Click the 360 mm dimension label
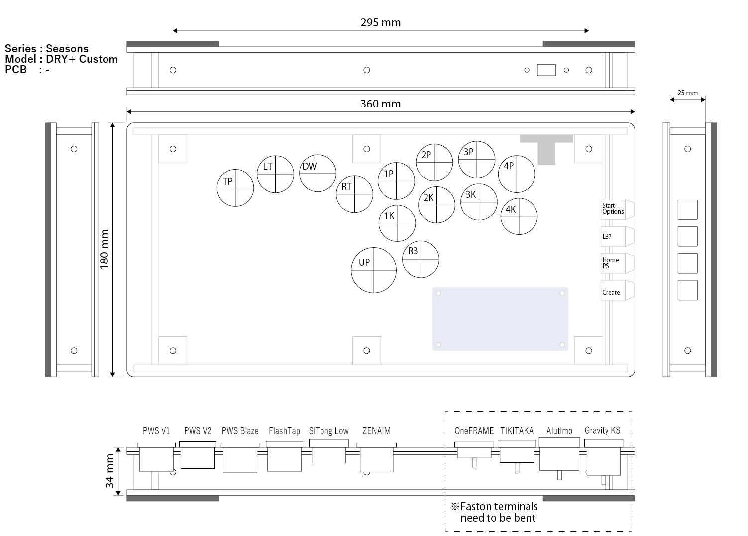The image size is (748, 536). (x=380, y=104)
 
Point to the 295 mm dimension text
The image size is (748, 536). (x=380, y=23)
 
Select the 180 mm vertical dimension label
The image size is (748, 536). (x=104, y=249)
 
